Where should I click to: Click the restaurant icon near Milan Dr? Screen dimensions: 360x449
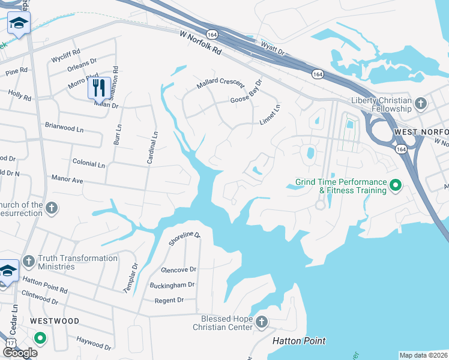[98, 88]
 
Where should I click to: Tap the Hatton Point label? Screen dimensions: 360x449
[299, 341]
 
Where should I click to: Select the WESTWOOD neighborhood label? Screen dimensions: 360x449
[54, 321]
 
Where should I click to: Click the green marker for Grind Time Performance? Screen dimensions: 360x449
[395, 186]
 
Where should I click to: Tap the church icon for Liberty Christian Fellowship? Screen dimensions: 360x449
[421, 104]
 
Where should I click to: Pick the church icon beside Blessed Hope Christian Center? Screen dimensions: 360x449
[261, 322]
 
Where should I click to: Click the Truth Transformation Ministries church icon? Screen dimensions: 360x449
[28, 262]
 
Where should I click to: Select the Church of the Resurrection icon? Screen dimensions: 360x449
[52, 208]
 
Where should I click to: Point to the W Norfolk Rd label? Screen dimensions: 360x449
[200, 43]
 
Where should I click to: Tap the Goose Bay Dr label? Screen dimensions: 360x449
[247, 92]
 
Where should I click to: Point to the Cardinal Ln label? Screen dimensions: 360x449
[152, 148]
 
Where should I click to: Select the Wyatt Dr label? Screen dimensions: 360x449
[271, 44]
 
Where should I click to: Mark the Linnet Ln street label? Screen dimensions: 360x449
[270, 115]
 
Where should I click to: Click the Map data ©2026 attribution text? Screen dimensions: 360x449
[423, 355]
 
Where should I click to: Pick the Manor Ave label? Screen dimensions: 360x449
[67, 179]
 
